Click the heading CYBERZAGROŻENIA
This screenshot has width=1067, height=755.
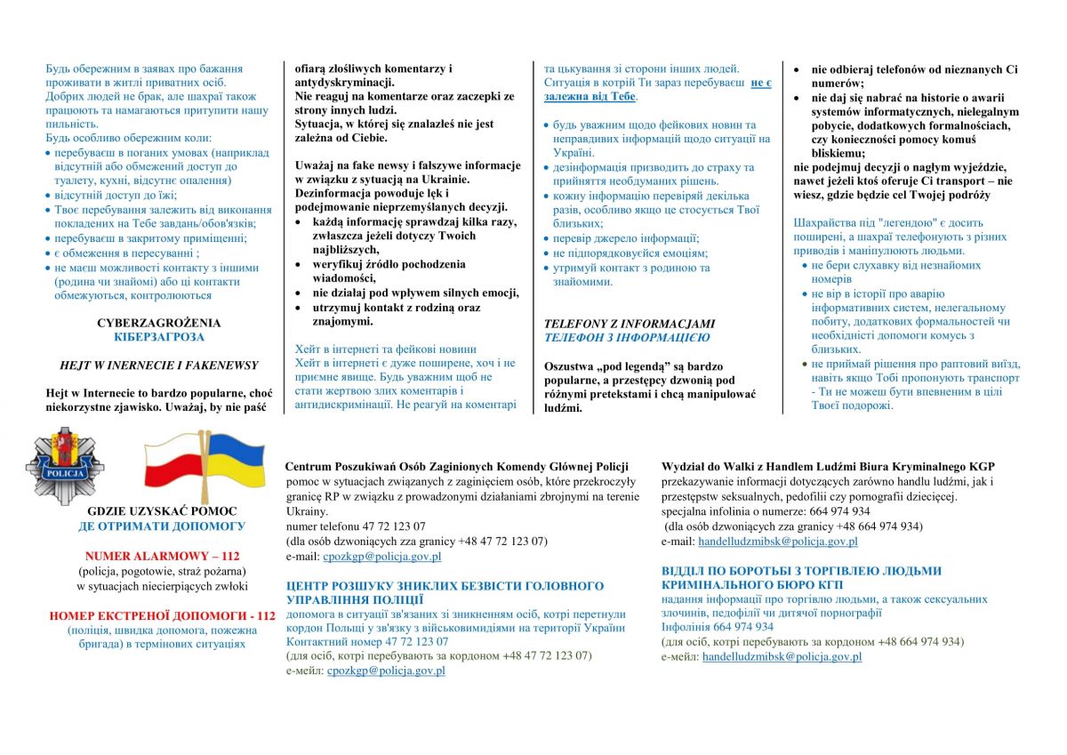tap(159, 323)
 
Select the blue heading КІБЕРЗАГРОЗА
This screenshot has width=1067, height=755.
tap(159, 337)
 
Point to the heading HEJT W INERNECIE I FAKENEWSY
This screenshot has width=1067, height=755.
tap(159, 365)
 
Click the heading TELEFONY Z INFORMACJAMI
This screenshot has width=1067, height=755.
tap(630, 324)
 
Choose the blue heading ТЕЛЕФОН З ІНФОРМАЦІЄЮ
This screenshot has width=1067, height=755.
tap(627, 338)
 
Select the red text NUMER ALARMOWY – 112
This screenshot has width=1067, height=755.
tap(162, 556)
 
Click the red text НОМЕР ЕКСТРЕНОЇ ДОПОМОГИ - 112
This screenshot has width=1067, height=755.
tap(162, 614)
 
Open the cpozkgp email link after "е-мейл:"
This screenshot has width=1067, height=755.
tap(385, 671)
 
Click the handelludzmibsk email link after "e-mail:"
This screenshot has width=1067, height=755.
tap(778, 541)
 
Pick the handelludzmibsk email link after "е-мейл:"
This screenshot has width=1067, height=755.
tap(782, 656)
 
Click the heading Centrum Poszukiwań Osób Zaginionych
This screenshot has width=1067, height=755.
tap(456, 466)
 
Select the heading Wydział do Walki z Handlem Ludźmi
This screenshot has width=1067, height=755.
tap(828, 466)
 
